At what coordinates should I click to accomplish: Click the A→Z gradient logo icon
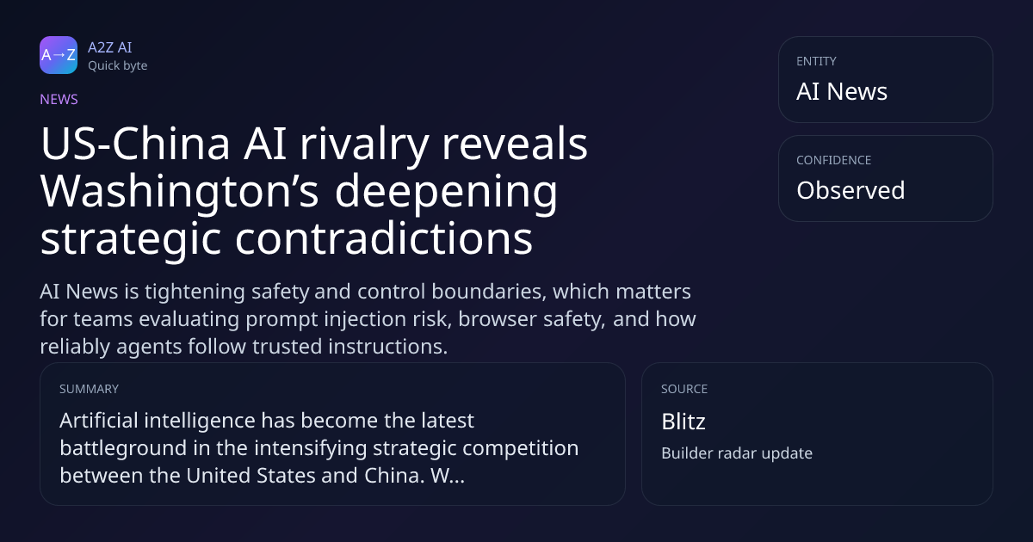pyautogui.click(x=59, y=55)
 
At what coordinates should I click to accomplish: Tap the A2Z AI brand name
pyautogui.click(x=110, y=47)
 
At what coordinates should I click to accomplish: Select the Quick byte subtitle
pyautogui.click(x=118, y=66)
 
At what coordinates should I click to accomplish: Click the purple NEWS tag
pyautogui.click(x=59, y=100)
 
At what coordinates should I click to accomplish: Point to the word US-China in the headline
pyautogui.click(x=135, y=144)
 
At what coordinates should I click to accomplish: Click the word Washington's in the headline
pyautogui.click(x=179, y=192)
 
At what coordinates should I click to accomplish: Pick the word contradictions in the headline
pyautogui.click(x=384, y=239)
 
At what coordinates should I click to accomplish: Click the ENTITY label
pyautogui.click(x=816, y=61)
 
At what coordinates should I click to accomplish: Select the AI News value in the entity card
pyautogui.click(x=842, y=91)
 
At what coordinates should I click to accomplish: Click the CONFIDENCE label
pyautogui.click(x=834, y=160)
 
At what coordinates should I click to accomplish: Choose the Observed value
pyautogui.click(x=851, y=190)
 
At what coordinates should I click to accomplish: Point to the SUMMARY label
pyautogui.click(x=89, y=389)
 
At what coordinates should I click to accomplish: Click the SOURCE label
pyautogui.click(x=684, y=389)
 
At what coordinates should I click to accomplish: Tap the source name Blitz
pyautogui.click(x=684, y=422)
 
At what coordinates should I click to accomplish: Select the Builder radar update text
pyautogui.click(x=737, y=453)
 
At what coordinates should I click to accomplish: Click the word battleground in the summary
pyautogui.click(x=123, y=449)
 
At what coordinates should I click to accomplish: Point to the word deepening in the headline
pyautogui.click(x=446, y=193)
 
